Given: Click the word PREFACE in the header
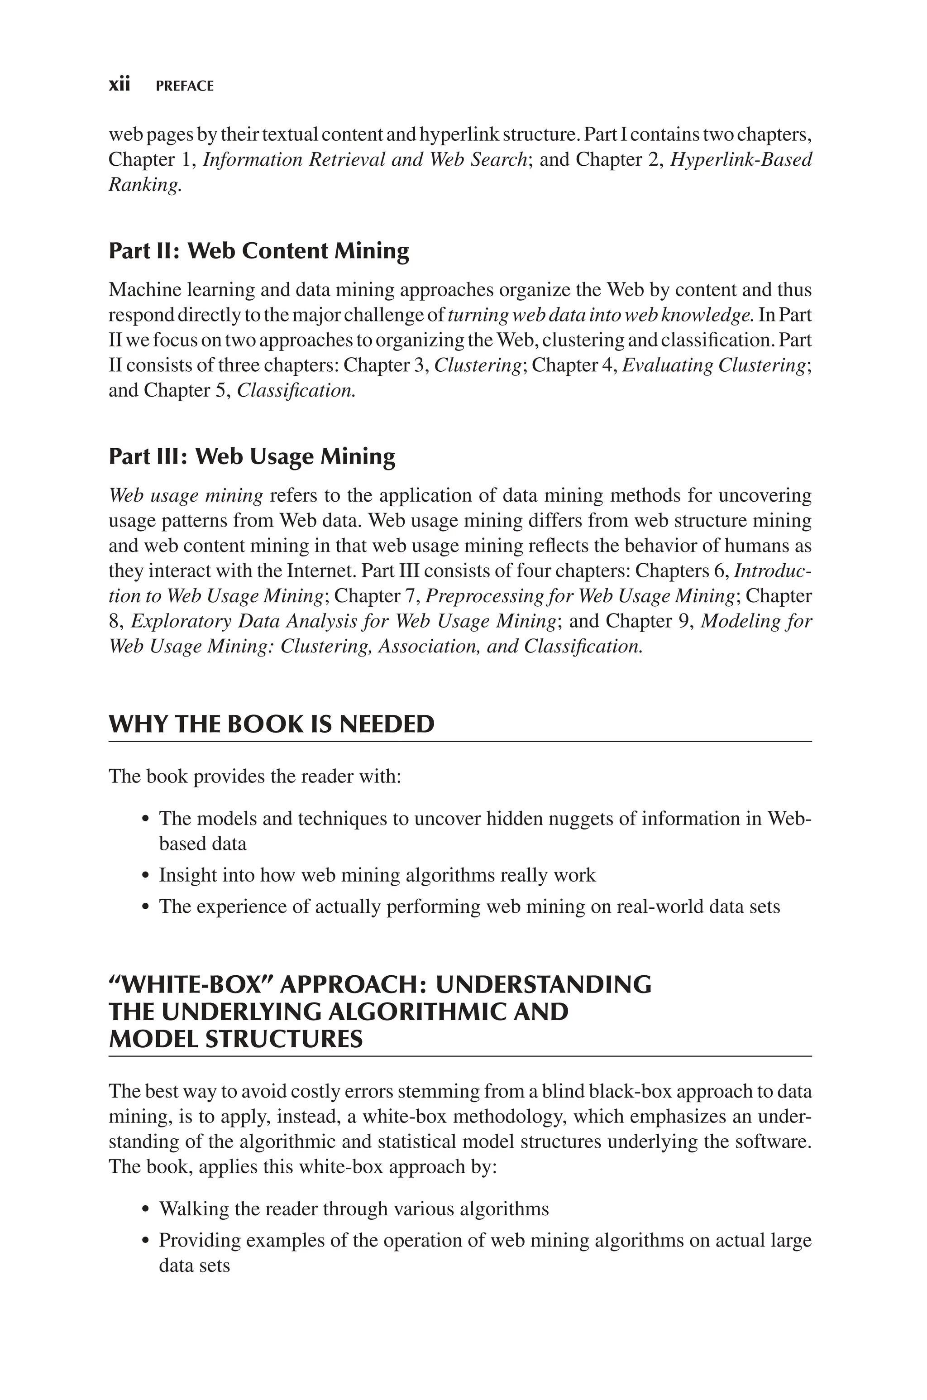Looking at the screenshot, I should pyautogui.click(x=185, y=86).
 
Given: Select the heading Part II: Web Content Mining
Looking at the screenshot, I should pyautogui.click(x=258, y=251).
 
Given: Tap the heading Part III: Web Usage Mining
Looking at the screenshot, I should pyautogui.click(x=252, y=456).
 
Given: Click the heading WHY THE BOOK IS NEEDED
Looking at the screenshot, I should pyautogui.click(x=272, y=724).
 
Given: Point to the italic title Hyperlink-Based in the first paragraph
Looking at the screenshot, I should pyautogui.click(x=741, y=160).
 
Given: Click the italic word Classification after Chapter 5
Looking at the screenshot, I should pyautogui.click(x=295, y=391).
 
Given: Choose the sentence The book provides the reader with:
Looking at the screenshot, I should pyautogui.click(x=255, y=776).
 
